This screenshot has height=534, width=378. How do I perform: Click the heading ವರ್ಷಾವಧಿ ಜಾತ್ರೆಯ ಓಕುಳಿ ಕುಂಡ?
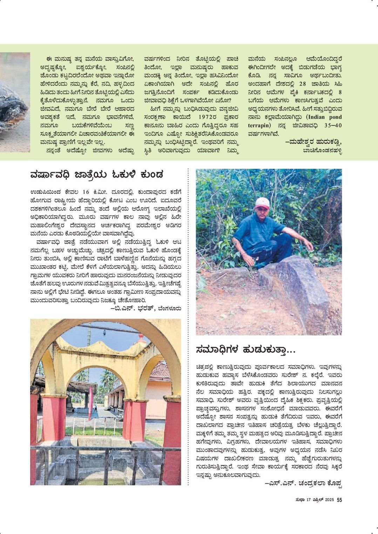[x=97, y=174]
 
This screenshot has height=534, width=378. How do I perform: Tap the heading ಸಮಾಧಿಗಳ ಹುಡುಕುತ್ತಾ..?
[x=246, y=349]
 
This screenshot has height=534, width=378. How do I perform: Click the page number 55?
[x=339, y=500]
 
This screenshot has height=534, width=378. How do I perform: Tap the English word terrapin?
[x=259, y=125]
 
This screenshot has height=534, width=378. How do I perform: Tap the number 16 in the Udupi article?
[x=86, y=192]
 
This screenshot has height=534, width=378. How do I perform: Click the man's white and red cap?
[x=262, y=202]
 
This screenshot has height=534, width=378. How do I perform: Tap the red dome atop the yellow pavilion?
[x=142, y=338]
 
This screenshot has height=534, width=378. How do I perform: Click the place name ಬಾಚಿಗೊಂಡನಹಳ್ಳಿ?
[x=322, y=151]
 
